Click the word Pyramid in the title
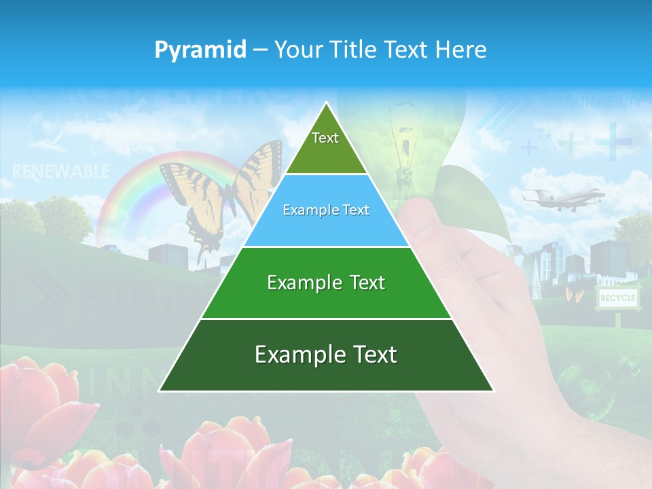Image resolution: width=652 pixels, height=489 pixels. coord(200,50)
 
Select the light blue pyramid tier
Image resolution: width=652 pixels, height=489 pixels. coord(326,211)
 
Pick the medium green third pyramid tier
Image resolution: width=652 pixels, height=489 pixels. coord(326,283)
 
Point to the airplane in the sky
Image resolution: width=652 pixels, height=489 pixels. coord(562,198)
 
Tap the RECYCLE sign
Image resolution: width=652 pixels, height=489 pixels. coord(617,298)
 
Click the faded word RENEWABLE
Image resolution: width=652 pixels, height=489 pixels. coord(60,172)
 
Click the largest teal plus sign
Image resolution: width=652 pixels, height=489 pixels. coord(613,141)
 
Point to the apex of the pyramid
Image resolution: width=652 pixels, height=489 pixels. coord(327,104)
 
